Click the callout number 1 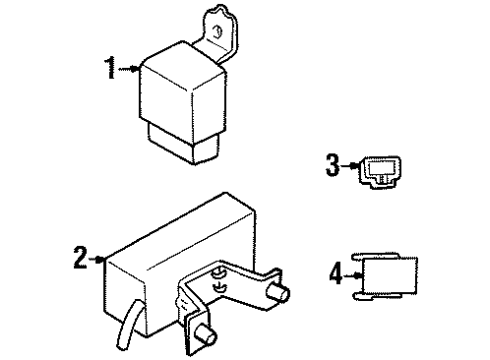(111, 68)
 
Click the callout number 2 (80, 257)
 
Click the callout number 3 (332, 165)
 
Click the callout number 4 (336, 273)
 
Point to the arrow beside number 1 (129, 69)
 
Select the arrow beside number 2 (97, 259)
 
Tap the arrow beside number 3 (350, 165)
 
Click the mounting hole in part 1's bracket (217, 32)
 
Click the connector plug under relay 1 (184, 144)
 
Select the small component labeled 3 (381, 172)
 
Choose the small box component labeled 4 (385, 277)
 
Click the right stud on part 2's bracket (278, 293)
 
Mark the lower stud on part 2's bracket (205, 336)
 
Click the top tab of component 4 (376, 256)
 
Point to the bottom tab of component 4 (378, 297)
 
